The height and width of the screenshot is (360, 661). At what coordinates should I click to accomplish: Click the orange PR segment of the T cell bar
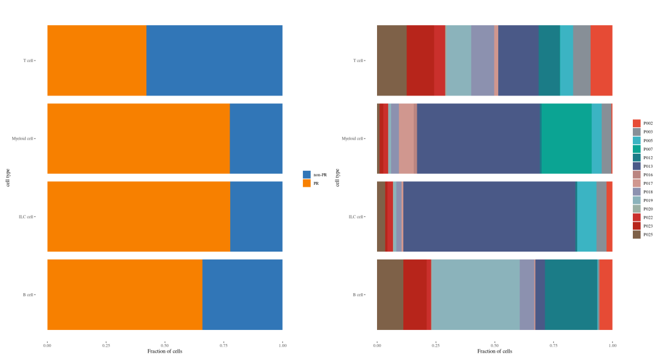pos(97,61)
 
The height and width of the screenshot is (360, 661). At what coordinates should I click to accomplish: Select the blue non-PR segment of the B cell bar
pos(242,294)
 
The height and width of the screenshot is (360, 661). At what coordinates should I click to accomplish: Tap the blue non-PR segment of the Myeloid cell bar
pos(256,138)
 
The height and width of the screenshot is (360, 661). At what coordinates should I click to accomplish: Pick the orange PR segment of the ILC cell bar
pos(138,217)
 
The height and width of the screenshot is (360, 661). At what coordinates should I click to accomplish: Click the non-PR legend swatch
pos(307,174)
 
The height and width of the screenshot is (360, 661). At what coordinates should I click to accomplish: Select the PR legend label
pos(316,183)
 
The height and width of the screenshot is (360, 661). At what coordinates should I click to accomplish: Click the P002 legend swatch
pos(637,123)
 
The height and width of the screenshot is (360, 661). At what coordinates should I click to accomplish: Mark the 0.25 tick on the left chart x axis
pos(106,345)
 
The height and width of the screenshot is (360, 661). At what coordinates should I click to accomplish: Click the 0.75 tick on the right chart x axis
pos(553,345)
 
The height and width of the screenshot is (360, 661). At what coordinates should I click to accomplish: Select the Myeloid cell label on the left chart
pos(23,138)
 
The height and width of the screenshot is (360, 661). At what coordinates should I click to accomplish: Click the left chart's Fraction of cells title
pos(165,351)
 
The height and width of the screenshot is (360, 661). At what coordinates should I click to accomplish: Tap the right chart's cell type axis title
pos(338,178)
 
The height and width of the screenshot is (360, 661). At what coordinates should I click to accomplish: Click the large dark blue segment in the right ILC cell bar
pos(490,217)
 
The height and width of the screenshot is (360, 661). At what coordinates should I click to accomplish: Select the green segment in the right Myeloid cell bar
pos(566,138)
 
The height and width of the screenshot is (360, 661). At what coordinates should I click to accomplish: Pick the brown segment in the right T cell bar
pos(392,61)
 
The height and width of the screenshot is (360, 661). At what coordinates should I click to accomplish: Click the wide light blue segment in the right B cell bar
pos(476,294)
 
